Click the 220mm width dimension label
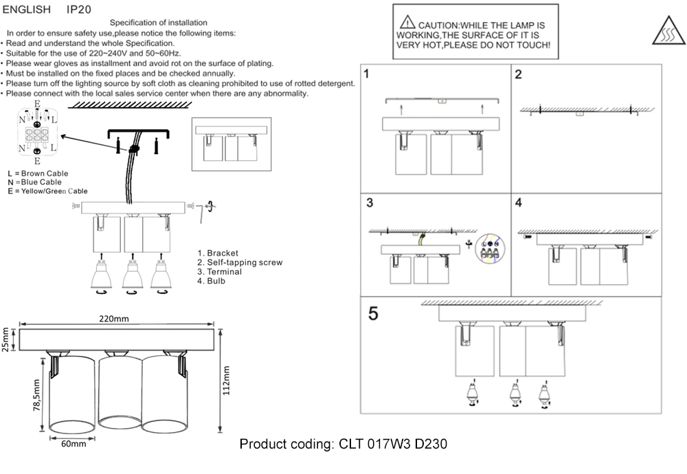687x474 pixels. pos(114,319)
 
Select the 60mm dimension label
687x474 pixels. pos(74,444)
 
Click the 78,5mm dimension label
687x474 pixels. pos(36,396)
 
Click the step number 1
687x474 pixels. pos(368,74)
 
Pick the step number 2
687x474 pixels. pos(519,74)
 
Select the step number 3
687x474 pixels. pos(369,203)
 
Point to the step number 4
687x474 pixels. pos(519,203)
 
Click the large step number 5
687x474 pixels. pos(373,313)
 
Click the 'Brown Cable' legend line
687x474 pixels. pos(38,174)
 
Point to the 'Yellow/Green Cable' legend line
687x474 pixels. pos(47,191)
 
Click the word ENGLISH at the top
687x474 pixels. pos(27,11)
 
